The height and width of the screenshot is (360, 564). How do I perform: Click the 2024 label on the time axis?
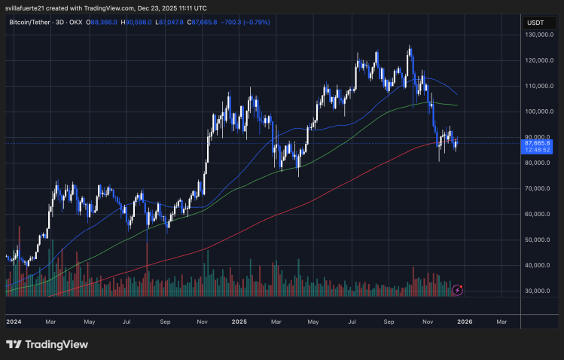coord(14,321)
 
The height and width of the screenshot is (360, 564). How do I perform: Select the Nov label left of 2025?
coord(203,321)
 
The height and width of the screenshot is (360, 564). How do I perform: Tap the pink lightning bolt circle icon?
coord(457,289)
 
